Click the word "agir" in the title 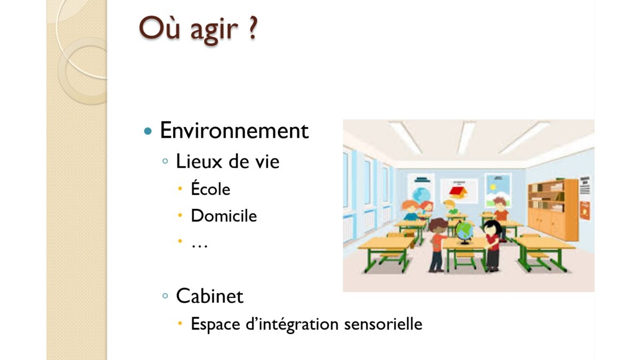[x=214, y=30]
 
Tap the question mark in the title [x=252, y=27]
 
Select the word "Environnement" [x=234, y=130]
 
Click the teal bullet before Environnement [x=148, y=131]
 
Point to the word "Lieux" [x=199, y=161]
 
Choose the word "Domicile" [x=224, y=216]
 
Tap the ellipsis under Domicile [x=199, y=246]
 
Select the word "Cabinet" [x=210, y=296]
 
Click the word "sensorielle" [x=383, y=324]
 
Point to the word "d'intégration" [x=292, y=325]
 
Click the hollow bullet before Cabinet [x=165, y=295]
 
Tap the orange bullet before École [x=180, y=189]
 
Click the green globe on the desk [x=464, y=231]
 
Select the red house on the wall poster [x=458, y=192]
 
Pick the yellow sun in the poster [x=493, y=187]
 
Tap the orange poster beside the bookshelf [x=584, y=210]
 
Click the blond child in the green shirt [x=451, y=207]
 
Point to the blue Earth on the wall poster [x=421, y=194]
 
